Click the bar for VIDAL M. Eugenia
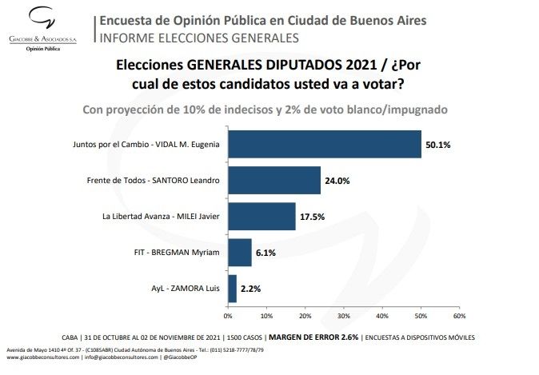click(x=325, y=144)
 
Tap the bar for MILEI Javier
click(x=262, y=216)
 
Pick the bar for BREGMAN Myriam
click(x=240, y=252)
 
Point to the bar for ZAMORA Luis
click(x=233, y=287)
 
